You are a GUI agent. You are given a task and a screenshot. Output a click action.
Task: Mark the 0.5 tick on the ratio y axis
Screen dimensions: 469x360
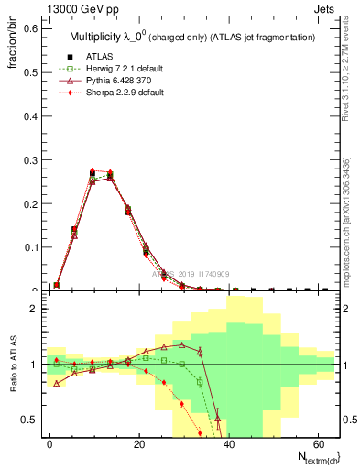click(31, 420)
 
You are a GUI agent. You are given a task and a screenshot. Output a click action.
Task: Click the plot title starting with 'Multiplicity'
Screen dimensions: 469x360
click(192, 37)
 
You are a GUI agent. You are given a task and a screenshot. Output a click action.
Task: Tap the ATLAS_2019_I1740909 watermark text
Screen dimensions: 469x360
click(191, 274)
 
